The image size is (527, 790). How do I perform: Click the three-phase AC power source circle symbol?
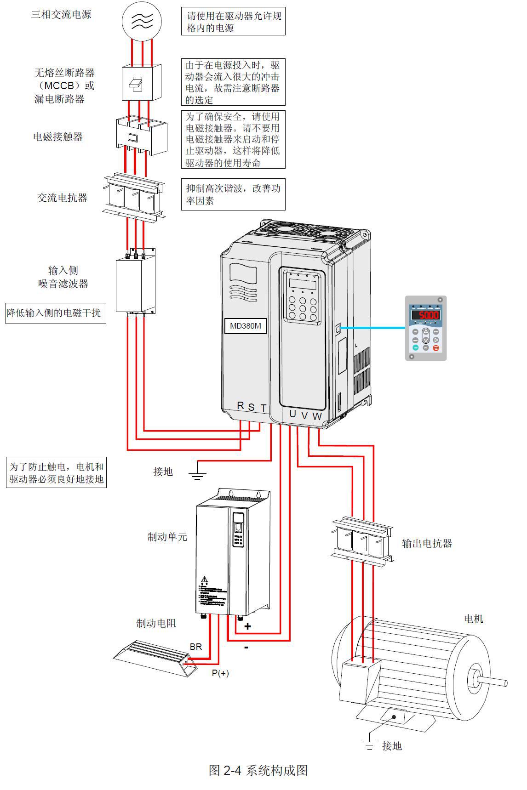coord(141,19)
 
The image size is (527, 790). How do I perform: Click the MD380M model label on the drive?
coord(245,326)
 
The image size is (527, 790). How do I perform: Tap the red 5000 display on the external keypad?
coord(425,315)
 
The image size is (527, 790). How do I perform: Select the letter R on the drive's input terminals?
coord(241,405)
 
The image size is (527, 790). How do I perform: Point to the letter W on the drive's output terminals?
coord(317,416)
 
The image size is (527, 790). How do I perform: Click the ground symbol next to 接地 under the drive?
coord(197,474)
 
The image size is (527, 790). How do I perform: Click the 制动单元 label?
coord(167,537)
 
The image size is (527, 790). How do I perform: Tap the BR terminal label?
coord(196,647)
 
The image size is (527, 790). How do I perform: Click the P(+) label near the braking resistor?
coord(220,673)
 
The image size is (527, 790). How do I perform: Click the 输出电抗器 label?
coord(427,543)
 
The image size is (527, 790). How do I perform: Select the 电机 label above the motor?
coord(473,619)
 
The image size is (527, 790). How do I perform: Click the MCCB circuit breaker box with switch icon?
coord(141,82)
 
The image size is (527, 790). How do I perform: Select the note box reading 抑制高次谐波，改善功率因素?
coord(233,194)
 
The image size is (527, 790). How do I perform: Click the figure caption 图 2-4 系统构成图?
coord(258,770)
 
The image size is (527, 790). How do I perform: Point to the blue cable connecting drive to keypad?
coord(372,328)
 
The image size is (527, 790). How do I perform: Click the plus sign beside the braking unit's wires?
coord(247,626)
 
